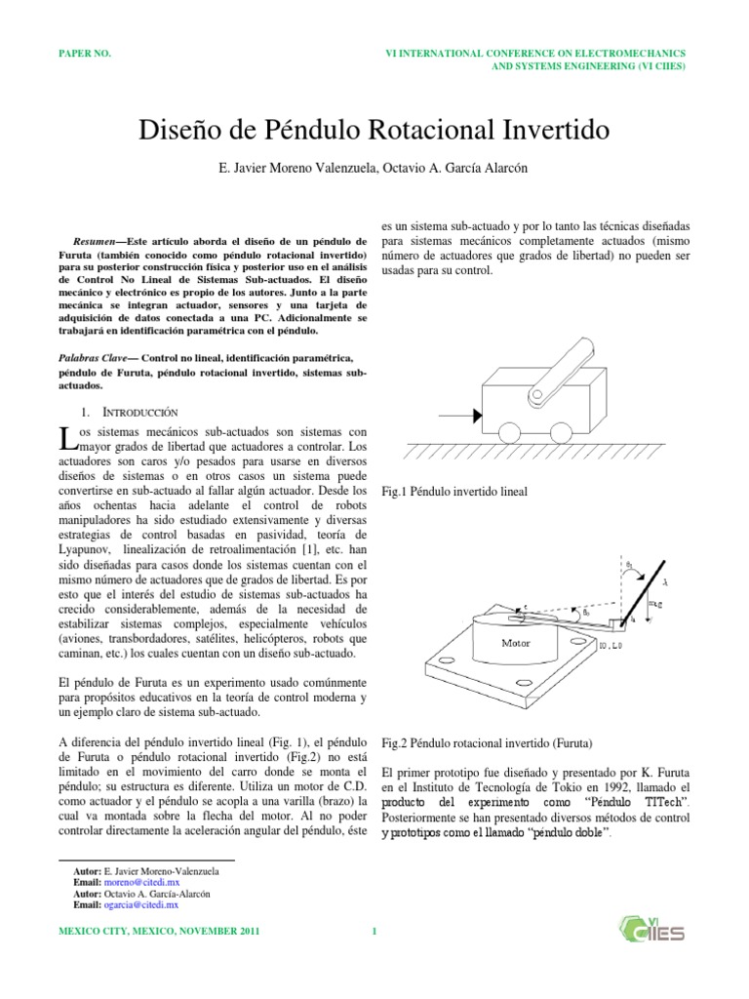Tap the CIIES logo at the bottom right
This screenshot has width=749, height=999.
652,931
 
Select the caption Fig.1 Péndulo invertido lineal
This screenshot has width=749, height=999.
453,493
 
